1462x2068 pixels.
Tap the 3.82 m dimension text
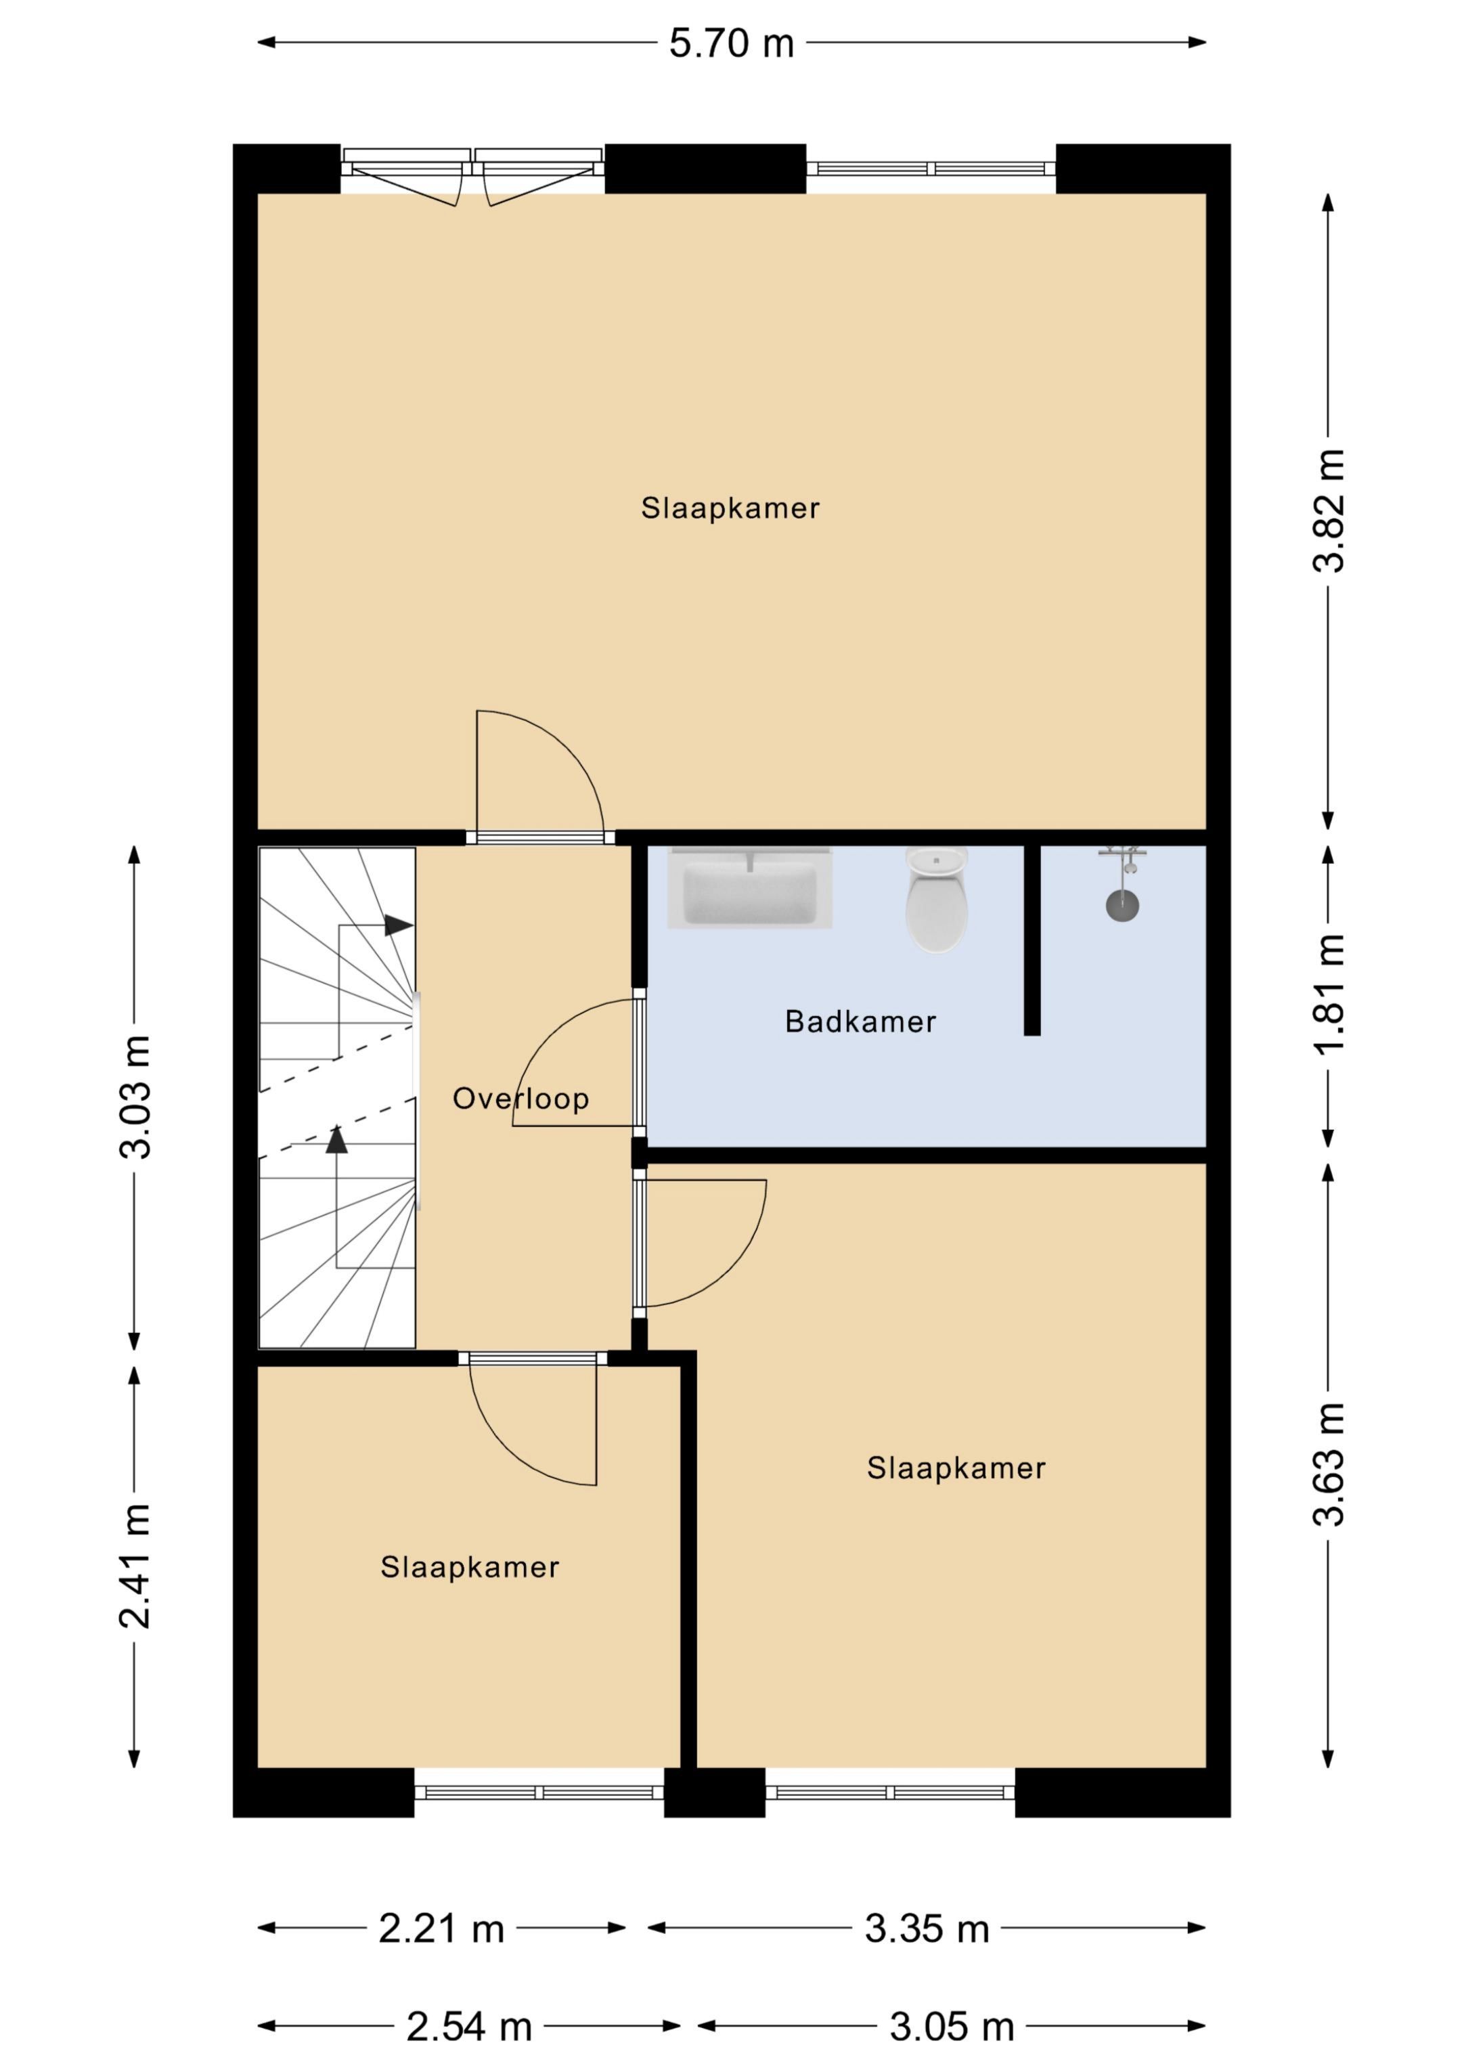tap(1328, 510)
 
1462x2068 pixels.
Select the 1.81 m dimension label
tap(1328, 992)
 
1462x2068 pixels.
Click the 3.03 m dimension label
tap(135, 1097)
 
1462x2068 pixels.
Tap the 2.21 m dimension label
tap(441, 1929)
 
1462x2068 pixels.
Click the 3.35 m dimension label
tap(927, 1929)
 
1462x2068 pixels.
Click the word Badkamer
tap(860, 1021)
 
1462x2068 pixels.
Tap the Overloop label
tap(520, 1098)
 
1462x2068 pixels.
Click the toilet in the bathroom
tap(937, 899)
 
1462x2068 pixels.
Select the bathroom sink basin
tap(749, 888)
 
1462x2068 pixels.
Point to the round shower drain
tap(1122, 905)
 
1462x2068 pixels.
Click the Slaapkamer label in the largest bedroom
tap(730, 508)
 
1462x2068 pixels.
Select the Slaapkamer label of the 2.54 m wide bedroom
tap(469, 1567)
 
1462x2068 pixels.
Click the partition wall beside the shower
tap(1032, 940)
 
